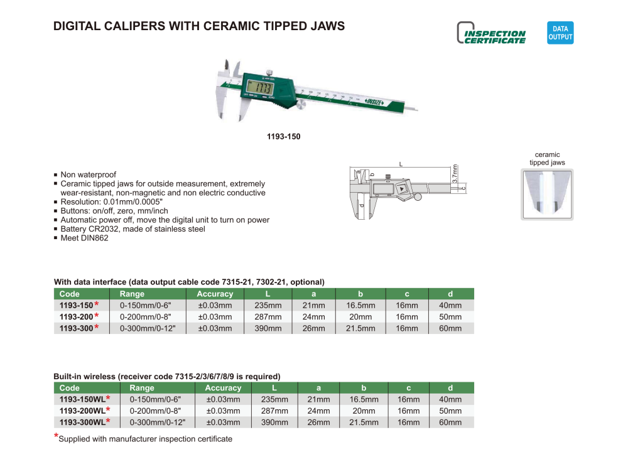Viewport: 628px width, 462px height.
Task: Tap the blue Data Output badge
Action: [x=560, y=33]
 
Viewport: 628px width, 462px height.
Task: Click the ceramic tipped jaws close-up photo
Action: [x=547, y=194]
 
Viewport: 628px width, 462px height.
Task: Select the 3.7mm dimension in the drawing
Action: [x=455, y=174]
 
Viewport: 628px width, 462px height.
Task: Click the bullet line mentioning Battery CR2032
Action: [x=133, y=229]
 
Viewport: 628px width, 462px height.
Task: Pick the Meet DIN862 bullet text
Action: [x=84, y=238]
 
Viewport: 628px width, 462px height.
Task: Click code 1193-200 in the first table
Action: [x=75, y=317]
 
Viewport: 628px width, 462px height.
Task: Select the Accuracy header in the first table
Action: [x=215, y=294]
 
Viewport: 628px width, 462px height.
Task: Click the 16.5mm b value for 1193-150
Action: [x=360, y=306]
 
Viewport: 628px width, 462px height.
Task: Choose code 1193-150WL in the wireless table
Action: [x=82, y=400]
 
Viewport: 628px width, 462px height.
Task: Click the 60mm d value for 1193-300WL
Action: [x=450, y=422]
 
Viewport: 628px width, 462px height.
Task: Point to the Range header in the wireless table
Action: [x=141, y=388]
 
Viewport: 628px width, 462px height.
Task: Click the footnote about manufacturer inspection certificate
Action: [x=145, y=439]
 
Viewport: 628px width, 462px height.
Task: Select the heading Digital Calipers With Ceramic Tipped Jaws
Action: [x=199, y=26]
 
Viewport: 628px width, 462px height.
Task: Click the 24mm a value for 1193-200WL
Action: [x=318, y=411]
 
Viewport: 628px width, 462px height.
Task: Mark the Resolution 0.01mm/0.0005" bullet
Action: [x=111, y=202]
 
